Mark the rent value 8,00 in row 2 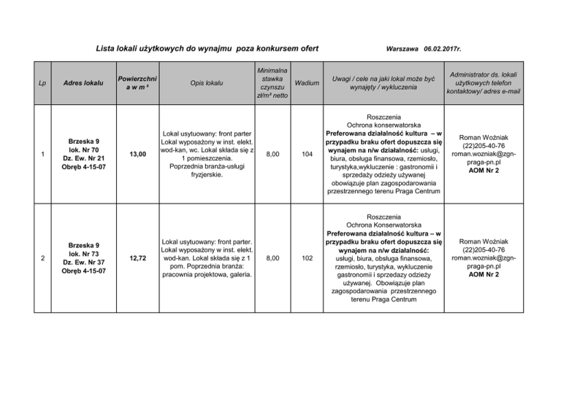[272, 259]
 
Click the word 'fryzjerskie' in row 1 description [205, 175]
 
